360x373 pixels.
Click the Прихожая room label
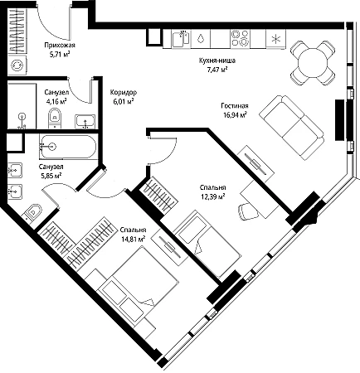(60, 45)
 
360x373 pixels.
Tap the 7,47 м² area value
(217, 70)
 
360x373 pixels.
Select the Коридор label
(124, 92)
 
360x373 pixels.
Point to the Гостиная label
(235, 105)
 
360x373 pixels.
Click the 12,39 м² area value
(212, 196)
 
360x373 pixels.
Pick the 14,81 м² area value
(133, 239)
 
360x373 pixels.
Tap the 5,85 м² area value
(51, 176)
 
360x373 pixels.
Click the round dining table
(313, 63)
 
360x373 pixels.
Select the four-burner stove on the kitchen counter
(240, 38)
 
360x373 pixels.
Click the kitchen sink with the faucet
(181, 39)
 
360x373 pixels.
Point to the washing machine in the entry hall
(17, 65)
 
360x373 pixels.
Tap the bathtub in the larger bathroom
(68, 147)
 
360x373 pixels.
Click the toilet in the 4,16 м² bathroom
(55, 118)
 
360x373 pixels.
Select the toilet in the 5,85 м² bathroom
(32, 212)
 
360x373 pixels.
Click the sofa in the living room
(292, 127)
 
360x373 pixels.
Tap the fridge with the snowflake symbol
(275, 39)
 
